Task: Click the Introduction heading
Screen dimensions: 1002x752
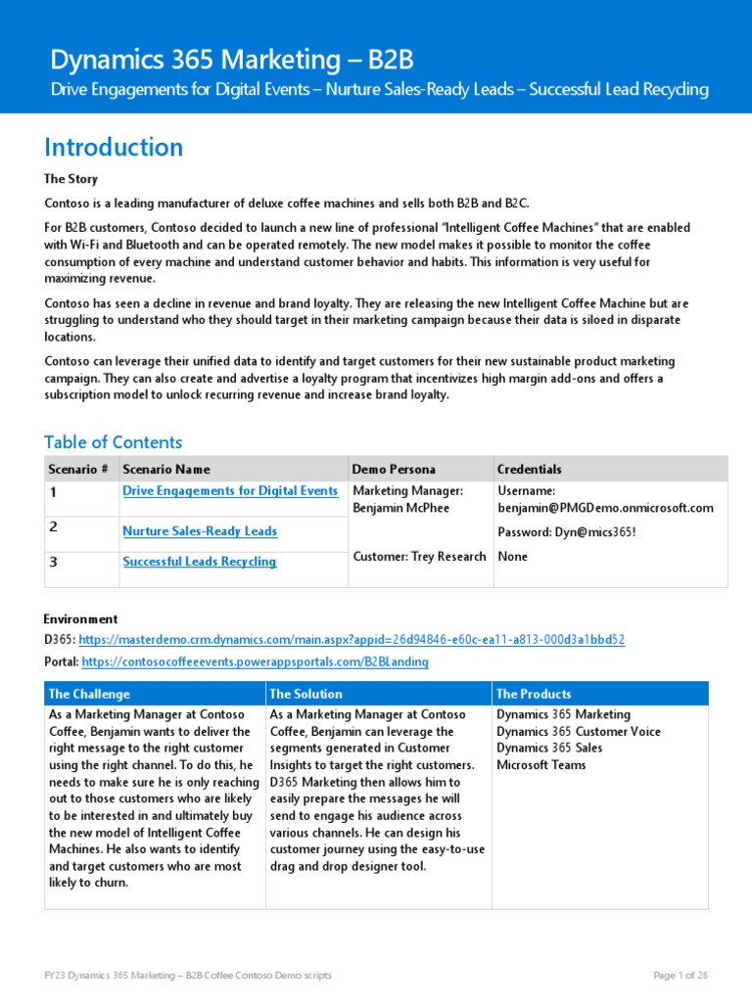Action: tap(114, 148)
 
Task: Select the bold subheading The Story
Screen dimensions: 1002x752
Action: tap(70, 179)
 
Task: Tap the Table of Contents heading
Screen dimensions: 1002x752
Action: tap(114, 442)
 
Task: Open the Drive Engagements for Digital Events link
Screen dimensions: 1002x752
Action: tap(230, 491)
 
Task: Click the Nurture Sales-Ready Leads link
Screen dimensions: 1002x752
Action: tap(200, 531)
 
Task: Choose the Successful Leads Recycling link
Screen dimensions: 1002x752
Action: tap(199, 562)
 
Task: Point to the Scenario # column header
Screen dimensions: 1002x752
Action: tap(79, 469)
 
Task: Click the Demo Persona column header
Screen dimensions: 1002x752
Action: tap(394, 469)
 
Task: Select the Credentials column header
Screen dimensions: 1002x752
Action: tap(529, 469)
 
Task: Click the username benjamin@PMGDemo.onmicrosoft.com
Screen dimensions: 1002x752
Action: tap(605, 508)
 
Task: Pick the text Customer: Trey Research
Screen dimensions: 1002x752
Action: tap(419, 557)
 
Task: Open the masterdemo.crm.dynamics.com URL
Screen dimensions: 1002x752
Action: tap(352, 640)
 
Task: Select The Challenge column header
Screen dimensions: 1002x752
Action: tap(89, 694)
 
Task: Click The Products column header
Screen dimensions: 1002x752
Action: tap(534, 694)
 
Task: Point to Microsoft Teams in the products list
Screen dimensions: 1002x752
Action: tap(541, 765)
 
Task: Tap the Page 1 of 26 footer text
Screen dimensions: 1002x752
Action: tap(680, 976)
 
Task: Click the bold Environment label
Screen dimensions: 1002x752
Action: tap(80, 619)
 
